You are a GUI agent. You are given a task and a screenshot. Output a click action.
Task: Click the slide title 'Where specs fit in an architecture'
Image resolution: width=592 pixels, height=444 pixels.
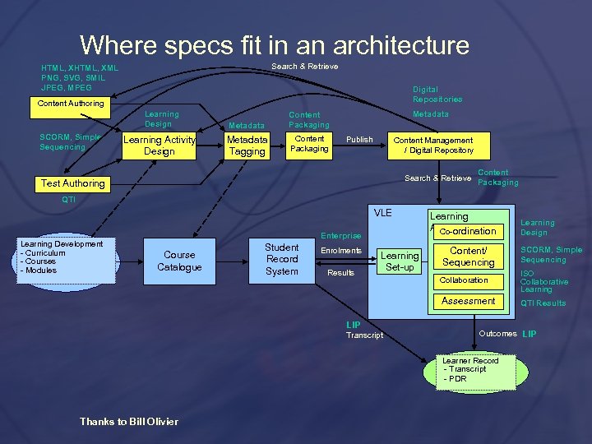275,44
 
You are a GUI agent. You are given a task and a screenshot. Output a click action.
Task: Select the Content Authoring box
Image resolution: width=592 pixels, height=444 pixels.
71,104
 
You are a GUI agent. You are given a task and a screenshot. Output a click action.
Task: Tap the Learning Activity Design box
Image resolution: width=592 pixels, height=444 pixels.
159,146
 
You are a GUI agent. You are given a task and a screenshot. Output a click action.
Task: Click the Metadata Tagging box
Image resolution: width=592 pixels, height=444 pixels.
247,146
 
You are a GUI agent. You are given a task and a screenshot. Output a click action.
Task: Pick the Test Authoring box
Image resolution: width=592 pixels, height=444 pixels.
73,183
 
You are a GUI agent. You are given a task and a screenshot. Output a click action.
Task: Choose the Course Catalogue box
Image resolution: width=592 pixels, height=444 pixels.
179,261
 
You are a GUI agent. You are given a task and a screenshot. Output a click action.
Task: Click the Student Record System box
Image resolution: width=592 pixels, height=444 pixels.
281,259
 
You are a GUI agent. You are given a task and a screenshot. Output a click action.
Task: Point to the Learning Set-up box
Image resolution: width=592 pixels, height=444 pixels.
400,261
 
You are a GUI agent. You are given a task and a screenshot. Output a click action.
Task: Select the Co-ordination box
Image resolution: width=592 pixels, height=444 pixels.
468,231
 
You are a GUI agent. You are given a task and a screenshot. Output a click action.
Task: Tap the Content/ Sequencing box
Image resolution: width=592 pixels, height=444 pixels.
468,257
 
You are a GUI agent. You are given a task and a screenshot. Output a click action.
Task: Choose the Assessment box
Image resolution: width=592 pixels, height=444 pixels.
468,301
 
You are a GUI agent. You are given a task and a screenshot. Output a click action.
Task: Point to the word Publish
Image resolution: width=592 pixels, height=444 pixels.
359,140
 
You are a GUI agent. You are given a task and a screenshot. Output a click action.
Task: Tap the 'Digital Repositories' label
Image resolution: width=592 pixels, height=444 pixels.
437,95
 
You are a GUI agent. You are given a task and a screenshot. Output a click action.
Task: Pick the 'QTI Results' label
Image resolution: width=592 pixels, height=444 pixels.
543,303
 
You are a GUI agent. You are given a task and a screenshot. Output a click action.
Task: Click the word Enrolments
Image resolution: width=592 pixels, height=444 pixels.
341,251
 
